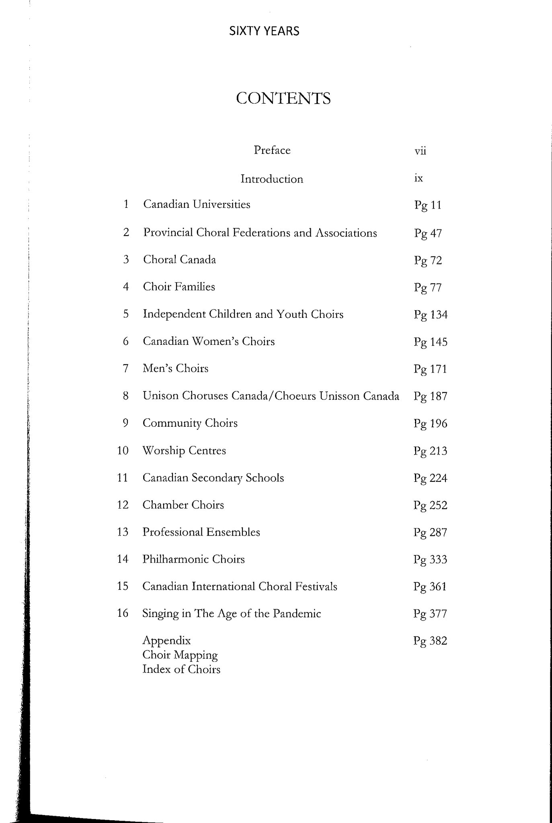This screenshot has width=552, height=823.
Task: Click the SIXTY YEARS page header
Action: point(264,31)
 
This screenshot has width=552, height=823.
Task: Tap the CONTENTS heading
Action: point(283,98)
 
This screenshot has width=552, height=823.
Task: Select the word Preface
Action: point(272,150)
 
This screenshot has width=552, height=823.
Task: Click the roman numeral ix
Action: point(419,178)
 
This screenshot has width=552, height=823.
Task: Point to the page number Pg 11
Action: point(428,206)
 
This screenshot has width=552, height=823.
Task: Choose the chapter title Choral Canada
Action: point(179,260)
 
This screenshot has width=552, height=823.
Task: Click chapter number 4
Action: point(126,287)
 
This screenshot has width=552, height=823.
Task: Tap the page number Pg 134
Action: point(431,315)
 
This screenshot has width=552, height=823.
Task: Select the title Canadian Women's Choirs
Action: point(209,342)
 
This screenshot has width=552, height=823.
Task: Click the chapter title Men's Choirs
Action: point(175,369)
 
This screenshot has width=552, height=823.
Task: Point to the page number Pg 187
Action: point(430,397)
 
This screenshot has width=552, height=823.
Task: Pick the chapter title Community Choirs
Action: point(190,423)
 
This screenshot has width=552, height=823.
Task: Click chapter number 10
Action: point(123,450)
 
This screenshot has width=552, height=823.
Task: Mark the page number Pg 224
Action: point(430,479)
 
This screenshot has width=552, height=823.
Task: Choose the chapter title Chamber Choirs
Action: point(183,505)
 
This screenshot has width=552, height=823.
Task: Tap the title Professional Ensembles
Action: point(201,532)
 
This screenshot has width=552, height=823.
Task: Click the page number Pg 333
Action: point(430,560)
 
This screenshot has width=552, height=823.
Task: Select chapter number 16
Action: point(123,613)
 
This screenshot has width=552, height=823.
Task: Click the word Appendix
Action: point(166,641)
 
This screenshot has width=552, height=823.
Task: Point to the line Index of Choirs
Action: point(181,669)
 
